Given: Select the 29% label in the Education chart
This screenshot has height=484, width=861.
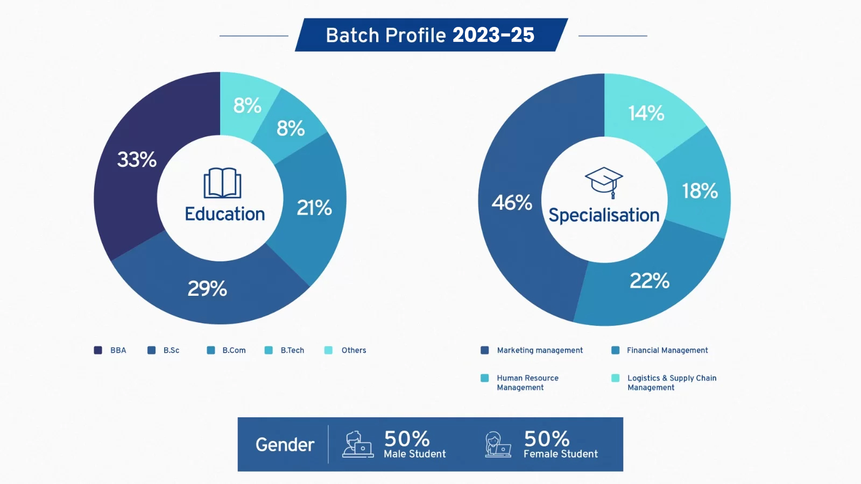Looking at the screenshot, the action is (x=207, y=288).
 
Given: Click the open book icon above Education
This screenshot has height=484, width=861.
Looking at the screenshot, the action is (x=223, y=183).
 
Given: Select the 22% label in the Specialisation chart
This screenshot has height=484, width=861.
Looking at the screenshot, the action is (x=650, y=281).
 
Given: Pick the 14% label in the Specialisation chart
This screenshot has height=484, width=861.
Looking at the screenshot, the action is (x=646, y=113).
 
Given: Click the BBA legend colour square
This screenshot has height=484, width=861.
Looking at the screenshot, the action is (x=98, y=350).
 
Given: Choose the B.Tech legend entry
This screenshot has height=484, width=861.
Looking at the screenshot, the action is (x=285, y=350).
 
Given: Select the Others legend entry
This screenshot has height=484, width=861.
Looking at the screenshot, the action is (x=345, y=350).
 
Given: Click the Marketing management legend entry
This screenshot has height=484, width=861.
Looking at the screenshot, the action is (x=532, y=350).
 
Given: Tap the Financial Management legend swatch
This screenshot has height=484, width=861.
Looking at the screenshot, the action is (x=616, y=350).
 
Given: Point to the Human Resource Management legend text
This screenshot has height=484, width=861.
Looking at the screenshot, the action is (x=527, y=382).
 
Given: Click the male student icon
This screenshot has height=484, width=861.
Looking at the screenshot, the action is (x=358, y=444).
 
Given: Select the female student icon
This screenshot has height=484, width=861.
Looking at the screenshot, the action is (x=498, y=444).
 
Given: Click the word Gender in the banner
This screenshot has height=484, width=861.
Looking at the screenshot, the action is (x=285, y=444).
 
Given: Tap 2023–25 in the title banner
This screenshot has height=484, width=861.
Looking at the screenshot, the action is (x=493, y=35).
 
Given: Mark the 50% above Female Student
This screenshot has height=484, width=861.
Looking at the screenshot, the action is (x=547, y=438).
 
